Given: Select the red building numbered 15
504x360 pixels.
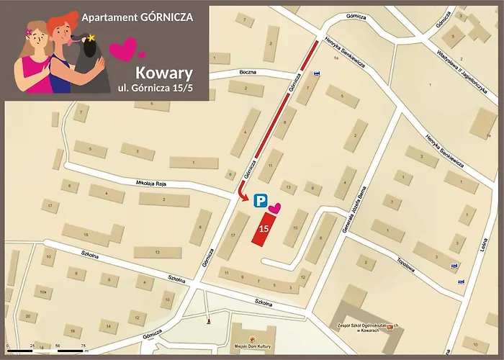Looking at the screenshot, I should (264, 228).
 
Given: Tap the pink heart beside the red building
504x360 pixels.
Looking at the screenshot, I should (276, 209).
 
